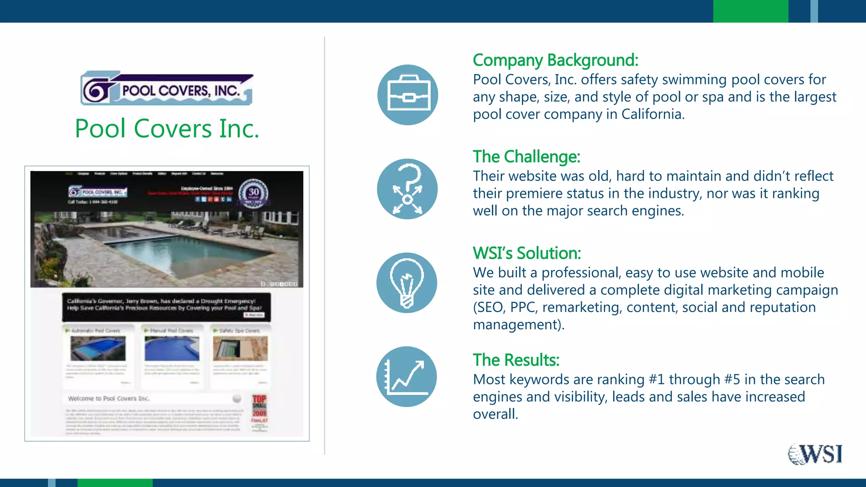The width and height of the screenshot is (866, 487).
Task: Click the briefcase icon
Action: tap(408, 95)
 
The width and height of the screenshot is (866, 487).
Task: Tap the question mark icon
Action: tap(407, 189)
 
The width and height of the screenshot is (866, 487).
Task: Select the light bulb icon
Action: tap(406, 283)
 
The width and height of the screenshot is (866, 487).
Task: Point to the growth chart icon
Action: tap(406, 377)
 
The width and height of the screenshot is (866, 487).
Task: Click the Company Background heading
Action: tap(555, 60)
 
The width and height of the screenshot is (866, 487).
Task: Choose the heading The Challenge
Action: tap(526, 157)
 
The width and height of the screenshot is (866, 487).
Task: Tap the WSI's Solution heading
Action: tap(527, 253)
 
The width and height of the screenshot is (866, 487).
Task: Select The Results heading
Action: tap(516, 360)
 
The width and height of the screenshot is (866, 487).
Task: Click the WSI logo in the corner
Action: tap(815, 454)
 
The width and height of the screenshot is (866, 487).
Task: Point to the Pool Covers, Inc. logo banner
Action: tap(167, 88)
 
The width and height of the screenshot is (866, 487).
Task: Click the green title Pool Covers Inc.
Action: tap(167, 129)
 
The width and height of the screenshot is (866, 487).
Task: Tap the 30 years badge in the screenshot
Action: tap(253, 193)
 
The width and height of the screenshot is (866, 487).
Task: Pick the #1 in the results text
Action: tap(657, 380)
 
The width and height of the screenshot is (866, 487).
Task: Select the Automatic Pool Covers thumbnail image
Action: tap(98, 348)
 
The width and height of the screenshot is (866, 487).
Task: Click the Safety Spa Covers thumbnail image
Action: tap(240, 348)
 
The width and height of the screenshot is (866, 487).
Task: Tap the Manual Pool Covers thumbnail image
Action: tap(172, 348)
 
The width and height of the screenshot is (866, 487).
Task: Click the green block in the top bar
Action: tap(751, 11)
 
